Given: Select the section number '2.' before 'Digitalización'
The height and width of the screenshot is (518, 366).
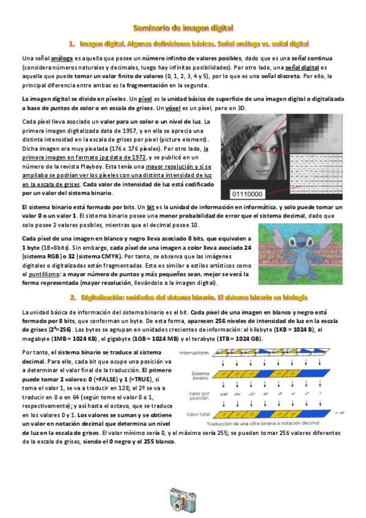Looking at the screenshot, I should pos(73,297).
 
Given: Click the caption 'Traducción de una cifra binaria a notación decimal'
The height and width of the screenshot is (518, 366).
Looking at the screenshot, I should pos(273,424).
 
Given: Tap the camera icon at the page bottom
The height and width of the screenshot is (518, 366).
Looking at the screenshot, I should pos(182,501).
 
